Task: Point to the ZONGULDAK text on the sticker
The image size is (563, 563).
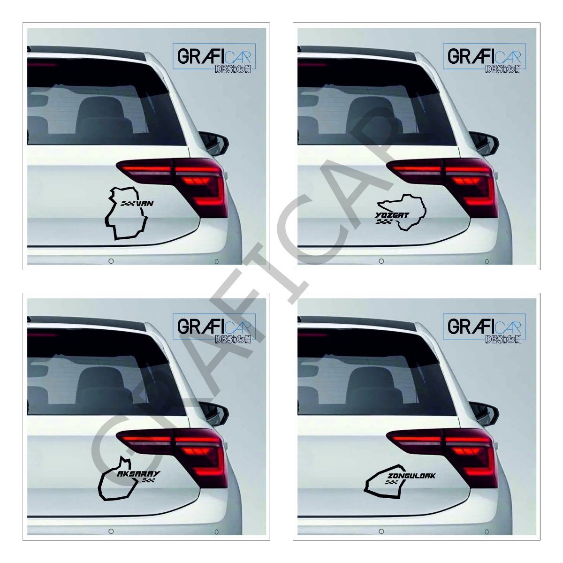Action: point(412,477)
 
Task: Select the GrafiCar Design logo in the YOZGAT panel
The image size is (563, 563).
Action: point(484,58)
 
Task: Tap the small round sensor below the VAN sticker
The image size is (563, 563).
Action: point(111,261)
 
